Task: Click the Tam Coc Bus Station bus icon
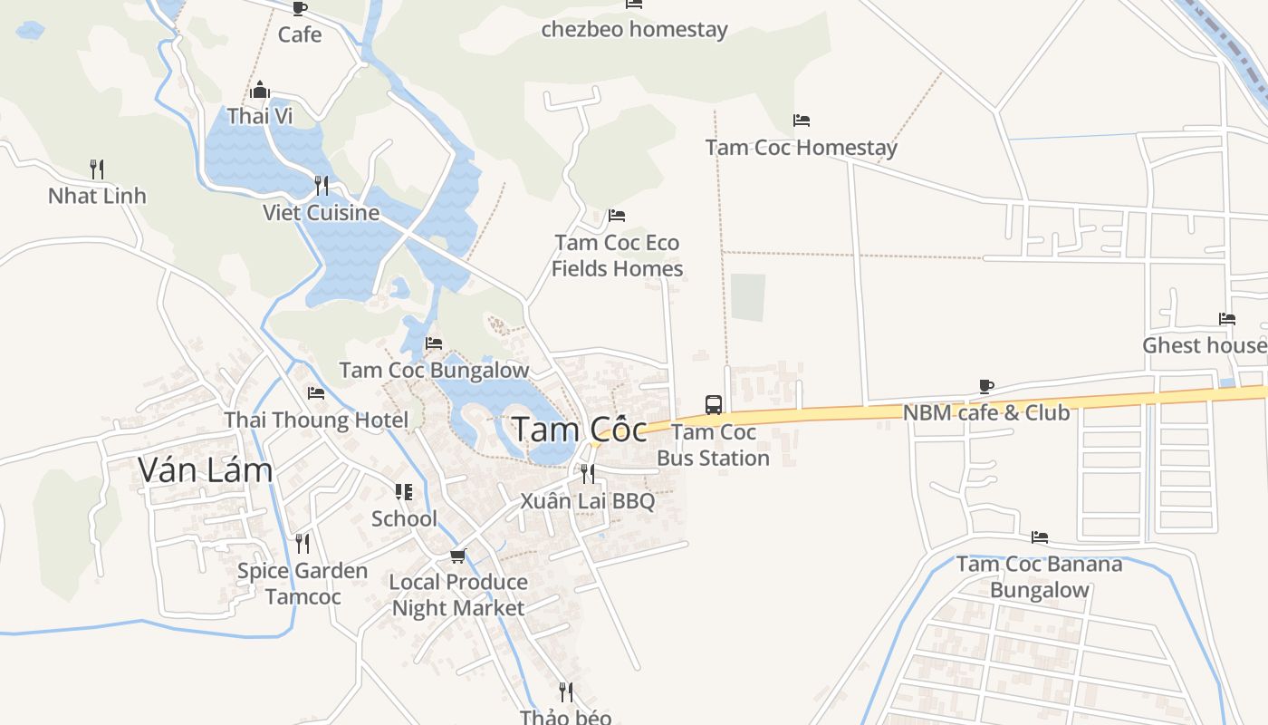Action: pyautogui.click(x=714, y=404)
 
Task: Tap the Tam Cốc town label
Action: pyautogui.click(x=580, y=430)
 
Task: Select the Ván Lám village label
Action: pyautogui.click(x=205, y=469)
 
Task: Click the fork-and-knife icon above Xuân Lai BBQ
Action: pyautogui.click(x=588, y=473)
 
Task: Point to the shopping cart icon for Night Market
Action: pyautogui.click(x=458, y=555)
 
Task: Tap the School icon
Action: pyautogui.click(x=404, y=492)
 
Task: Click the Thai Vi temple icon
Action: pyautogui.click(x=260, y=90)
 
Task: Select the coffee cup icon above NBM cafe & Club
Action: pyautogui.click(x=986, y=386)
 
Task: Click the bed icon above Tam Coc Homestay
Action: pyautogui.click(x=801, y=120)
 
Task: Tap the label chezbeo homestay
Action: pyautogui.click(x=634, y=30)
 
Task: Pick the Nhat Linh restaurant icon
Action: pyautogui.click(x=97, y=169)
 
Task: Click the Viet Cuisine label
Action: pyautogui.click(x=321, y=213)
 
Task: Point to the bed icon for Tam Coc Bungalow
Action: pyautogui.click(x=434, y=343)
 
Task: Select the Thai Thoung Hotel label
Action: pyautogui.click(x=316, y=420)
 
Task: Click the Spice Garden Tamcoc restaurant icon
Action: pyautogui.click(x=303, y=544)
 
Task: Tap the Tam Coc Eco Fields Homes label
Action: pyautogui.click(x=617, y=256)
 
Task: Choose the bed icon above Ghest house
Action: pyautogui.click(x=1227, y=318)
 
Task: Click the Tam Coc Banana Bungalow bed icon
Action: pyautogui.click(x=1040, y=537)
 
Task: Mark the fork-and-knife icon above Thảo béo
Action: pyautogui.click(x=566, y=692)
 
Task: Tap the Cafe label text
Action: pyautogui.click(x=300, y=34)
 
